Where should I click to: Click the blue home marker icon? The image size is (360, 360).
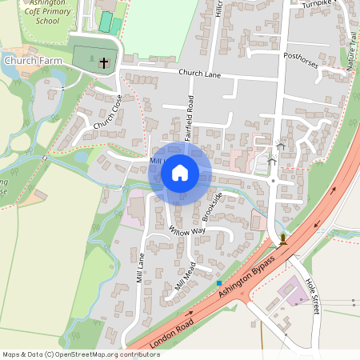click(x=180, y=173)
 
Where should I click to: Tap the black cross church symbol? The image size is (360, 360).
click(x=103, y=62)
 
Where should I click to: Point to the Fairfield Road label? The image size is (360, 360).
click(x=190, y=118)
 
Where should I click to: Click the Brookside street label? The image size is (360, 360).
click(x=212, y=206)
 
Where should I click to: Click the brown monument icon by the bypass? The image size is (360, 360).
click(x=283, y=238)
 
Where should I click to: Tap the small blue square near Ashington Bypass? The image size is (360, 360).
click(x=218, y=282)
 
